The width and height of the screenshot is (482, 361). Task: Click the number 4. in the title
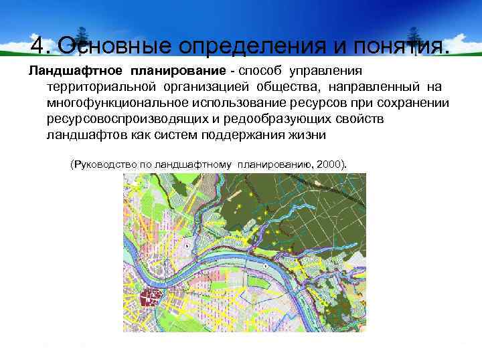click(x=41, y=45)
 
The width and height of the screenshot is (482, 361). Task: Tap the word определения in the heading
click(x=246, y=45)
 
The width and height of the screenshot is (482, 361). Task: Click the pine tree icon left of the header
click(x=82, y=37)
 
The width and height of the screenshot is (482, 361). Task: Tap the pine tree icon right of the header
click(x=414, y=37)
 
